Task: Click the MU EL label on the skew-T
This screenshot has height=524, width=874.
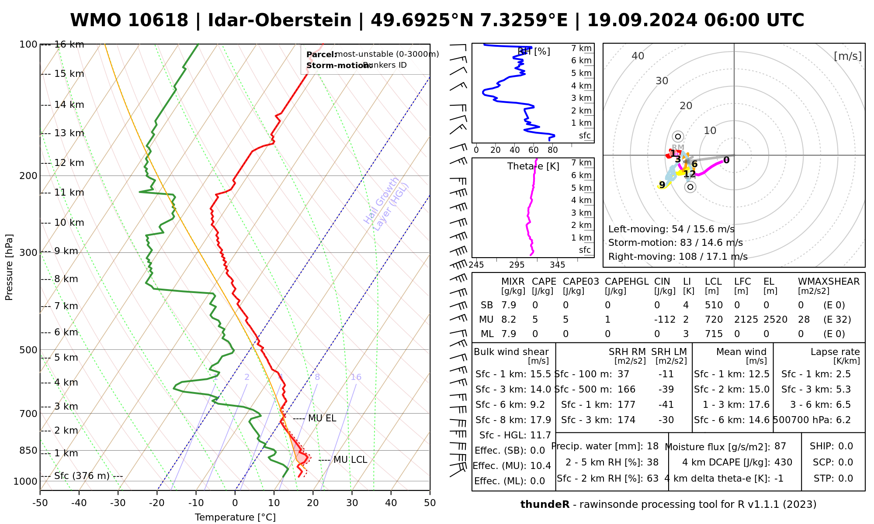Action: click(322, 418)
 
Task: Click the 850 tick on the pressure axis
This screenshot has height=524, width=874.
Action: click(29, 451)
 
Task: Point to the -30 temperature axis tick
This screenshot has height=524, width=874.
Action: click(118, 503)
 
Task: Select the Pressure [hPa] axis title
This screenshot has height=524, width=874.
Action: click(9, 267)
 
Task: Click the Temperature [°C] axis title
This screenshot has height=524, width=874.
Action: click(235, 517)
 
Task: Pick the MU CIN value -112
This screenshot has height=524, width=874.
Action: click(665, 320)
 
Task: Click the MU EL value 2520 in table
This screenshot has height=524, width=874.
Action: click(775, 320)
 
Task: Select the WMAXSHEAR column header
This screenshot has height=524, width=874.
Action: click(829, 282)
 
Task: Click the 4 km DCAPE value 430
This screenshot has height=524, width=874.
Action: click(783, 462)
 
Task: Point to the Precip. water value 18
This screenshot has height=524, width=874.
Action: click(652, 446)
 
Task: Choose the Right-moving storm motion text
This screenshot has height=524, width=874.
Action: click(678, 257)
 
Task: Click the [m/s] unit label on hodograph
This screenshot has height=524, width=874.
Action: click(847, 56)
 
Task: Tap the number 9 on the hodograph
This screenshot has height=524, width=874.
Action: click(662, 185)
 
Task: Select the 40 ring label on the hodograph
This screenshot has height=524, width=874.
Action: click(638, 56)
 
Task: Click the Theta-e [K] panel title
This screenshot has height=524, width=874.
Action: click(533, 166)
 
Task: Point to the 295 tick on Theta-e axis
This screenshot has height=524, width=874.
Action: click(517, 265)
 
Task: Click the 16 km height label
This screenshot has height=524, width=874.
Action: click(69, 45)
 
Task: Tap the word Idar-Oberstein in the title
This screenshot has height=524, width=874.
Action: click(280, 21)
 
